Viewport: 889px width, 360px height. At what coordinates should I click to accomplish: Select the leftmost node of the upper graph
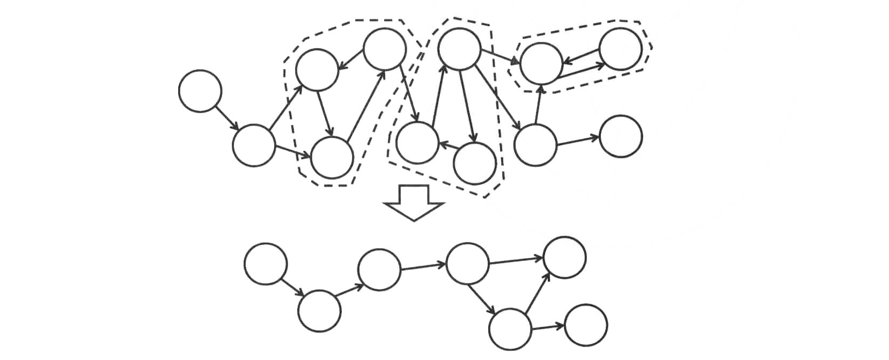200,91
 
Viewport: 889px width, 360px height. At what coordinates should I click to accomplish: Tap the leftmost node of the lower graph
266,264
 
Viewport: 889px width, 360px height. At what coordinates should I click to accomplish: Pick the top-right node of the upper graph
620,49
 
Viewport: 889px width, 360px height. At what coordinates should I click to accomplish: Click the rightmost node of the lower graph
586,325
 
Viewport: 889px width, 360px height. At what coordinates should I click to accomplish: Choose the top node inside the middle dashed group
459,49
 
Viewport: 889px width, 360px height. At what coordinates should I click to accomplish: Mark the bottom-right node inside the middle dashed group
474,163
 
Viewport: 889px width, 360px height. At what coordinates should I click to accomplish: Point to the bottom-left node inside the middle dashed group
417,143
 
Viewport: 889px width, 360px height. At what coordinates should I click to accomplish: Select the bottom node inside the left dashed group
332,157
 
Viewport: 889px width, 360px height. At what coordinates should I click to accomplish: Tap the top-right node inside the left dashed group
384,49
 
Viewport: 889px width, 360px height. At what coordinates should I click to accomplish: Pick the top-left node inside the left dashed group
317,70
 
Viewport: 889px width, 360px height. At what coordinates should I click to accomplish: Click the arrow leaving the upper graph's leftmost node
227,117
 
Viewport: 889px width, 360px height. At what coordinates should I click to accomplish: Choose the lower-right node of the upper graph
621,136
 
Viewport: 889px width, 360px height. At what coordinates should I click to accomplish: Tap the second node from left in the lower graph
319,311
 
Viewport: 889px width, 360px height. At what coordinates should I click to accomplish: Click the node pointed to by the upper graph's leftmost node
254,145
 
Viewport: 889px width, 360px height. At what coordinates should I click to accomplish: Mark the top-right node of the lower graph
564,258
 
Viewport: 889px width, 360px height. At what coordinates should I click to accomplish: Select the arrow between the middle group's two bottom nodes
446,145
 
